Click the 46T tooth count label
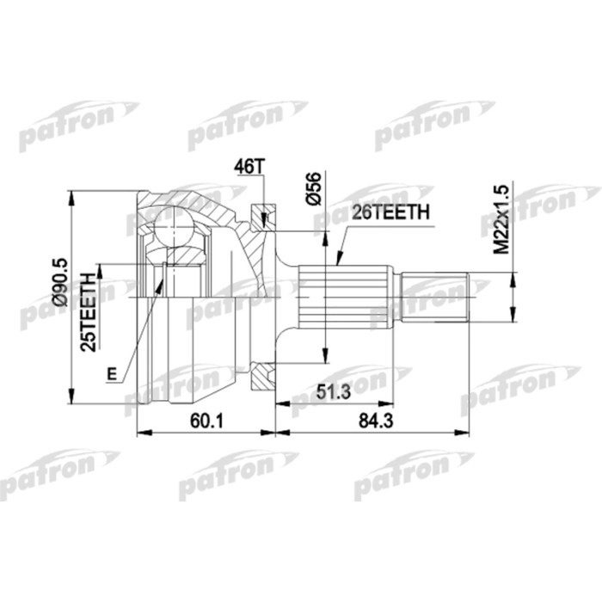click(248, 167)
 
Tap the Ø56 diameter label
click(315, 188)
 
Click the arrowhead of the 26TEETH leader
click(338, 261)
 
